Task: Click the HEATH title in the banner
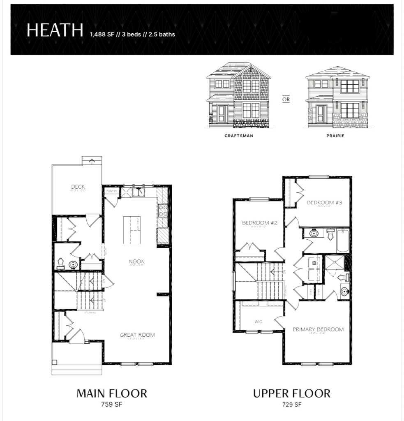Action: click(54, 31)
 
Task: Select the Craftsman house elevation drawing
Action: click(239, 95)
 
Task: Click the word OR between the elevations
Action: click(286, 99)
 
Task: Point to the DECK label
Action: click(78, 187)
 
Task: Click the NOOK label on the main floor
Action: click(136, 261)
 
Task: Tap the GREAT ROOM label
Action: click(137, 335)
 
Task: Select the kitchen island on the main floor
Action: click(132, 230)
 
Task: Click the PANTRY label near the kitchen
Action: click(111, 191)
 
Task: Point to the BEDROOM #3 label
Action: click(322, 202)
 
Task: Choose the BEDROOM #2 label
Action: click(260, 223)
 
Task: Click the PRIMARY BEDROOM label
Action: click(318, 329)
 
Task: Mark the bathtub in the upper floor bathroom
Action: click(343, 241)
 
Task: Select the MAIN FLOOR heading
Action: click(111, 393)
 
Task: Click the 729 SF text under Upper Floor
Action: click(291, 405)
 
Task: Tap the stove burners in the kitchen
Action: click(162, 210)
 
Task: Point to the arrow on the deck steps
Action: click(92, 160)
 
